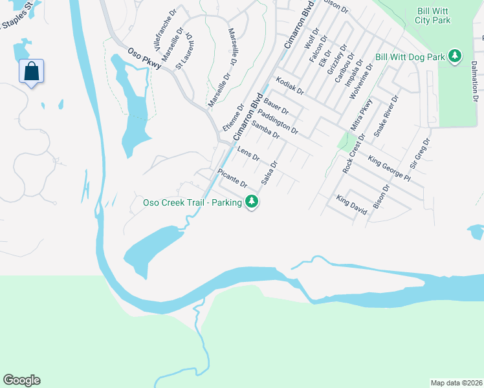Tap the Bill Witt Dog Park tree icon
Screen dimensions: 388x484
(456, 57)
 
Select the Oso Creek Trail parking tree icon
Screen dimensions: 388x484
(252, 202)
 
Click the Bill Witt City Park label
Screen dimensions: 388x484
(432, 16)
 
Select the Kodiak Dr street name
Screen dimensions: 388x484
(289, 85)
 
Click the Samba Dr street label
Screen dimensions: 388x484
(265, 130)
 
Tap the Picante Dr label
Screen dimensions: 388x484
(232, 178)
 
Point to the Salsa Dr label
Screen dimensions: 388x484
(269, 173)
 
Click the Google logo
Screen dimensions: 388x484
(21, 380)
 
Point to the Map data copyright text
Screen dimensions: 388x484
(456, 383)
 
